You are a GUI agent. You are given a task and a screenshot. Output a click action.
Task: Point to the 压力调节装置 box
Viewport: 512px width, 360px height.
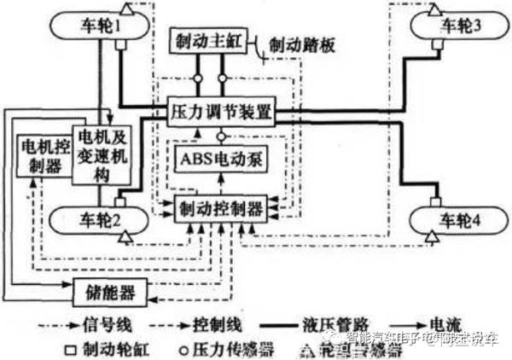point(220,111)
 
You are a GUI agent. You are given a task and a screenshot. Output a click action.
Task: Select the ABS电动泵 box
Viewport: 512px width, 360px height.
point(218,157)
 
